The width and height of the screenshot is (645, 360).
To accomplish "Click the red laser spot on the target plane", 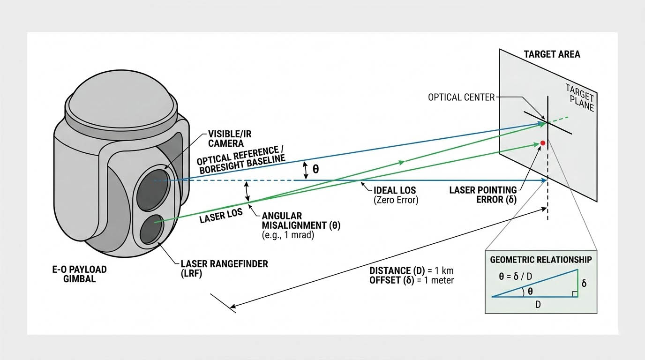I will (x=543, y=142).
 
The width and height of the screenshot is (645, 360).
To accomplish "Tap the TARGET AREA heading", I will (x=552, y=54).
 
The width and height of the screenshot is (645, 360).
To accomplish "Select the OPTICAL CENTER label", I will (x=461, y=97).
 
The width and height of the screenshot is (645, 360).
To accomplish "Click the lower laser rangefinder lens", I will (x=151, y=229).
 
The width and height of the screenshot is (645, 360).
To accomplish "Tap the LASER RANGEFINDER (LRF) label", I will (x=224, y=269).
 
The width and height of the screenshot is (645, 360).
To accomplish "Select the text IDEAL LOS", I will (x=395, y=191).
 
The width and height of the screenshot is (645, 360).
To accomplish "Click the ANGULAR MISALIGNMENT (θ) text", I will (x=301, y=220).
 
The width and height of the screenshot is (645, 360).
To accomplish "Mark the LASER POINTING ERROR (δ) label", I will (x=483, y=195).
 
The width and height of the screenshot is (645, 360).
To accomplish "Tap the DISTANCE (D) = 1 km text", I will (x=411, y=271).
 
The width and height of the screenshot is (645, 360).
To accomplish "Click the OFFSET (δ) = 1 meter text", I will (x=411, y=280).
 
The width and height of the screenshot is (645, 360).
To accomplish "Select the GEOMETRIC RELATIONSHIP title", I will (x=541, y=260).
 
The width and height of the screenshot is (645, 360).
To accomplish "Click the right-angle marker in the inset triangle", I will (x=574, y=293).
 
